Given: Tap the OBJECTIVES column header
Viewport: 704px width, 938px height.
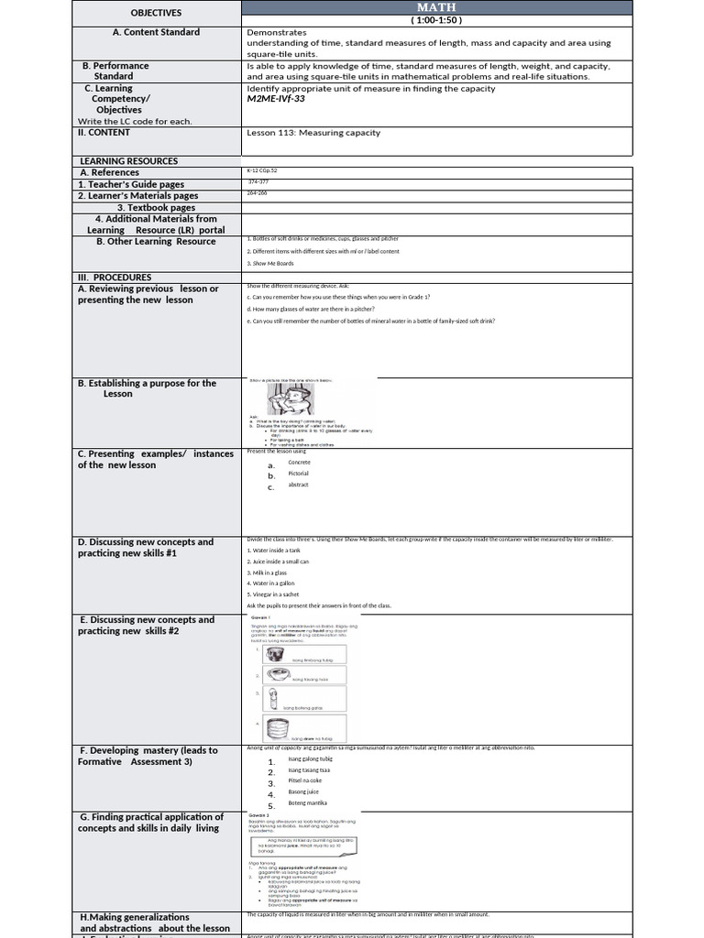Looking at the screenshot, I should click(156, 13).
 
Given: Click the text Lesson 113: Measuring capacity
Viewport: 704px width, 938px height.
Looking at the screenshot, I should click(313, 133).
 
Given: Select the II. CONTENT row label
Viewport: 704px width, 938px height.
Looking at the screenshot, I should click(104, 133).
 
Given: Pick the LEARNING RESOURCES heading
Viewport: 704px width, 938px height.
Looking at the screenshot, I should click(128, 161).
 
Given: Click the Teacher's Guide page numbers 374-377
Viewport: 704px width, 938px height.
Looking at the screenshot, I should click(258, 182).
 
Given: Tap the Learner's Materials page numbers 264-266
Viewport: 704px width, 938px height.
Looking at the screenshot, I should click(258, 193).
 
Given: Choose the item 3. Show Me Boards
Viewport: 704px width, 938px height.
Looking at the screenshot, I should click(272, 264).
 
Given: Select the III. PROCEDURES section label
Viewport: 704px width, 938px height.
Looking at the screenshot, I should click(115, 278).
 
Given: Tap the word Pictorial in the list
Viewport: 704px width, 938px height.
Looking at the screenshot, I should click(299, 474).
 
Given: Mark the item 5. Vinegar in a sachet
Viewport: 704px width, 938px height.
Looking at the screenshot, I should click(279, 594).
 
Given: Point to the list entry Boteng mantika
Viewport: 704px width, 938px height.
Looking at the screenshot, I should click(308, 802).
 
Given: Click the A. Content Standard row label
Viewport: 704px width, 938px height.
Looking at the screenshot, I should click(156, 32).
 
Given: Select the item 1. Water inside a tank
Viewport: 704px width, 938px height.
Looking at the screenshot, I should click(278, 551).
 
